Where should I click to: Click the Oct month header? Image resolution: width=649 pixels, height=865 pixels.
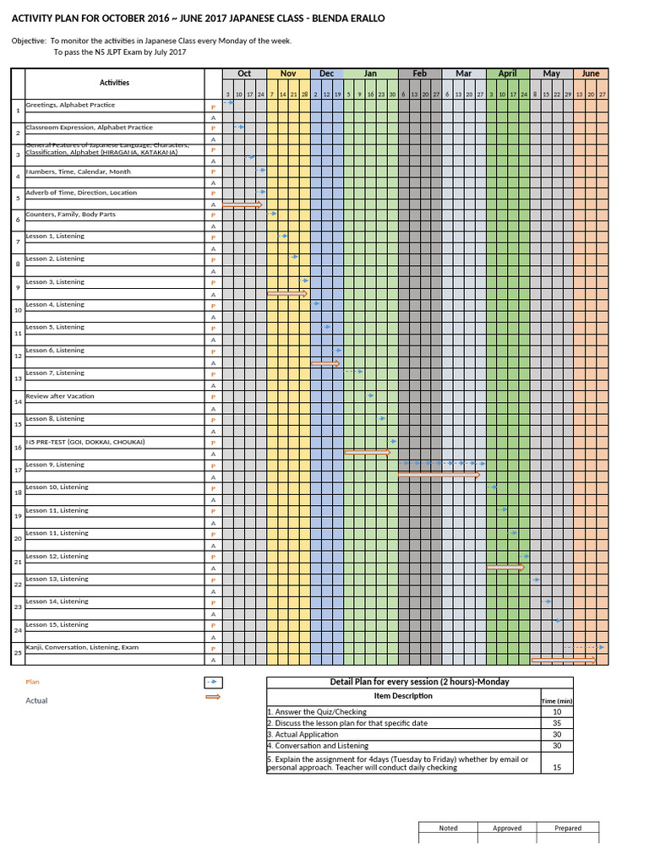244,73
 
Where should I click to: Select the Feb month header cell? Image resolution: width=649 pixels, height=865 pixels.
420,73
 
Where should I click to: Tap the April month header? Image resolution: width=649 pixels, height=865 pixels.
507,73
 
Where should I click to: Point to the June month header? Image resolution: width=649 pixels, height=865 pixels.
590,73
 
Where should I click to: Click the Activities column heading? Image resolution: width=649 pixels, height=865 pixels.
114,83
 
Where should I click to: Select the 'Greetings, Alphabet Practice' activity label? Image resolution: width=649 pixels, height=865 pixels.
70,106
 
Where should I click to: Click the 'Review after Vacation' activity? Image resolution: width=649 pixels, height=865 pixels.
60,396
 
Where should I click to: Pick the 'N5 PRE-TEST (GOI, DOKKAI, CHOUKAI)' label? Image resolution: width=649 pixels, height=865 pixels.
85,442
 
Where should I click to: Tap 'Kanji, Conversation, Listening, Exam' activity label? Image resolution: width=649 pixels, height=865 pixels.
82,647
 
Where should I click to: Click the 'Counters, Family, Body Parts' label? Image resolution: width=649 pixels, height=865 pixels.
71,215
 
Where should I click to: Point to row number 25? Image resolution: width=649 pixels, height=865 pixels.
18,653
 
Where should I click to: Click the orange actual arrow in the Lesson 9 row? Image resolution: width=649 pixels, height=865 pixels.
439,476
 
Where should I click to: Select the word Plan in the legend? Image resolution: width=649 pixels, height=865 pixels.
32,682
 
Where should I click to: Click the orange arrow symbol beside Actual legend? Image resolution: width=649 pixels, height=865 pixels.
213,697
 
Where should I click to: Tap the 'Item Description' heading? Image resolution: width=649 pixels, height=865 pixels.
403,696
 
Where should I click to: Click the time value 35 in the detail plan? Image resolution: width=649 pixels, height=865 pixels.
556,723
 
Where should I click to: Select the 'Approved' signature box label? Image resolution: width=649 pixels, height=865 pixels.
507,828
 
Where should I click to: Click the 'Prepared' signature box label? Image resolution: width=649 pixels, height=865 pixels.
568,828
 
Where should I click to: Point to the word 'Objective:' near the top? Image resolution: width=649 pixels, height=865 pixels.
29,41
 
